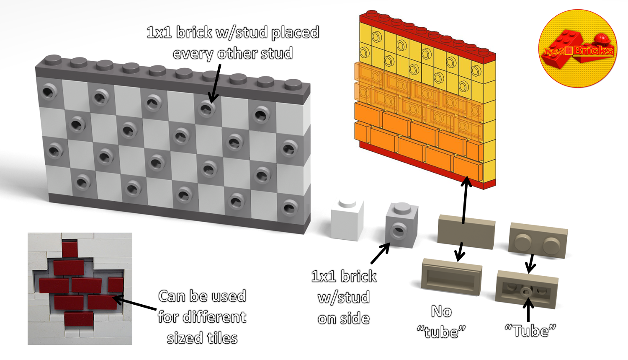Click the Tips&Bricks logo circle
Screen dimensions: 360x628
click(x=577, y=49)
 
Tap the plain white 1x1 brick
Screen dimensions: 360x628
click(x=347, y=221)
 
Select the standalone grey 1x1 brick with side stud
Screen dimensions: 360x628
click(x=401, y=225)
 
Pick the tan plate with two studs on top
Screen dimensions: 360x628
click(x=538, y=240)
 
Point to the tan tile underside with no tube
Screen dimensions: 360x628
click(x=451, y=277)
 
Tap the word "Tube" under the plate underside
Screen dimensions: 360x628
click(x=530, y=331)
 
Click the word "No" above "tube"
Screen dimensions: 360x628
click(x=441, y=311)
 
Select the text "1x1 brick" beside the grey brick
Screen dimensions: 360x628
click(x=344, y=277)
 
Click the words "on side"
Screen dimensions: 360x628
click(x=344, y=319)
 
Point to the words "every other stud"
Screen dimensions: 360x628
click(x=233, y=54)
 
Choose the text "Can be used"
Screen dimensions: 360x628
click(x=202, y=296)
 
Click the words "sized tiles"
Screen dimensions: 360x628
click(x=202, y=338)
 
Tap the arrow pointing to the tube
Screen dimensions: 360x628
click(x=528, y=309)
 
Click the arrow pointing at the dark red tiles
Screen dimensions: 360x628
click(x=135, y=304)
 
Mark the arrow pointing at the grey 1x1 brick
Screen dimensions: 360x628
click(x=380, y=253)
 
